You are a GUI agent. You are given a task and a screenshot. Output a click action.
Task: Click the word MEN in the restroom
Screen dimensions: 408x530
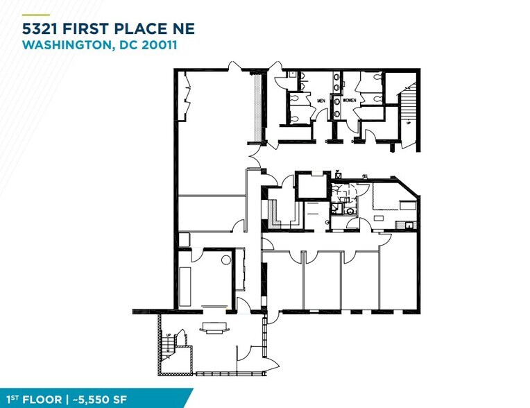pyautogui.click(x=321, y=101)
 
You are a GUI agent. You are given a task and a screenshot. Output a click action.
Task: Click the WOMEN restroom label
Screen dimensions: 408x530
pyautogui.click(x=348, y=101)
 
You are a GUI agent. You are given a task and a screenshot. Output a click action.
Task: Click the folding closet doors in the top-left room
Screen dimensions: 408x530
pyautogui.click(x=188, y=97)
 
